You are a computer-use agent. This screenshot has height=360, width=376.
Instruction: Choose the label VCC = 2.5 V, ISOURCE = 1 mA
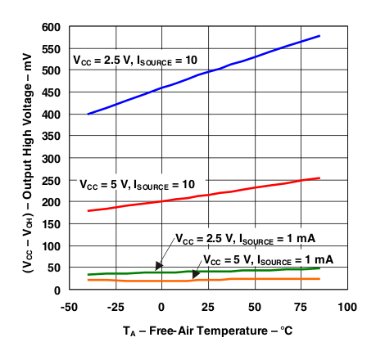pos(245,240)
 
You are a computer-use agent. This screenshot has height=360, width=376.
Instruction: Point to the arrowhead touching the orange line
pos(193,277)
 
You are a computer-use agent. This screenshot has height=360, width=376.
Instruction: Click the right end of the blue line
pos(319,35)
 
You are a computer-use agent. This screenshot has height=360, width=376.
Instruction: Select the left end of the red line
pos(88,211)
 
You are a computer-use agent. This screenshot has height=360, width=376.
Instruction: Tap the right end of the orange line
pos(319,279)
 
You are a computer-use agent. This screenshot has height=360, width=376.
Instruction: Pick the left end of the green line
pos(88,275)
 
